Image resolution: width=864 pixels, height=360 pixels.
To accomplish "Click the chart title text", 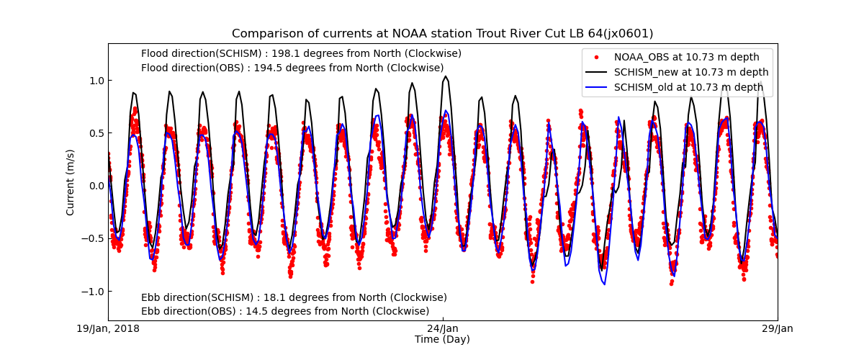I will pyautogui.click(x=442, y=34).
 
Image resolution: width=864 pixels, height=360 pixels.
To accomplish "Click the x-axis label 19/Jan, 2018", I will pyautogui.click(x=109, y=329).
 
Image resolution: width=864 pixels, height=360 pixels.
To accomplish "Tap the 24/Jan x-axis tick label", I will pyautogui.click(x=443, y=329).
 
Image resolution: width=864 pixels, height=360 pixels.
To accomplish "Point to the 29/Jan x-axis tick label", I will pyautogui.click(x=777, y=329).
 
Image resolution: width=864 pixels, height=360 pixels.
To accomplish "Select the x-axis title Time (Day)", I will pyautogui.click(x=442, y=340).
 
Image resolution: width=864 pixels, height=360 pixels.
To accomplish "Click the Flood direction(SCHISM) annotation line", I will pyautogui.click(x=301, y=54).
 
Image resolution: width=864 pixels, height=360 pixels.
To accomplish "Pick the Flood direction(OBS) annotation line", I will pyautogui.click(x=292, y=68).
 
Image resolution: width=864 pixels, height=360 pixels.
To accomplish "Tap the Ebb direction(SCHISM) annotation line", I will pyautogui.click(x=294, y=298).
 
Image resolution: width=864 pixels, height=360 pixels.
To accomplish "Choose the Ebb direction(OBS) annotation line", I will pyautogui.click(x=285, y=312).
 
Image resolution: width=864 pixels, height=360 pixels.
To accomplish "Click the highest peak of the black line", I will pyautogui.click(x=446, y=76).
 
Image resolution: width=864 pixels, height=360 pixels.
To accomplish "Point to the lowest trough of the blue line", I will pyautogui.click(x=604, y=284).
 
